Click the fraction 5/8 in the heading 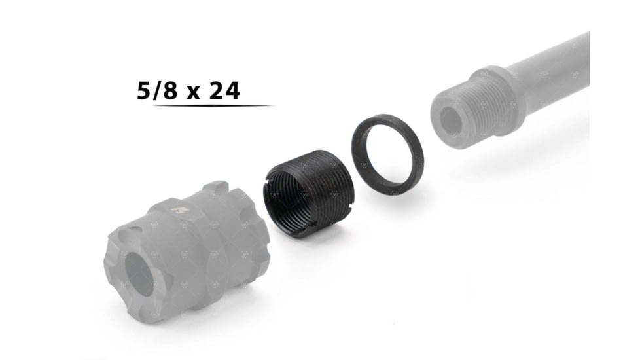point(156,90)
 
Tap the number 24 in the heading point(224,90)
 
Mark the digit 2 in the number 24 point(216,90)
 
